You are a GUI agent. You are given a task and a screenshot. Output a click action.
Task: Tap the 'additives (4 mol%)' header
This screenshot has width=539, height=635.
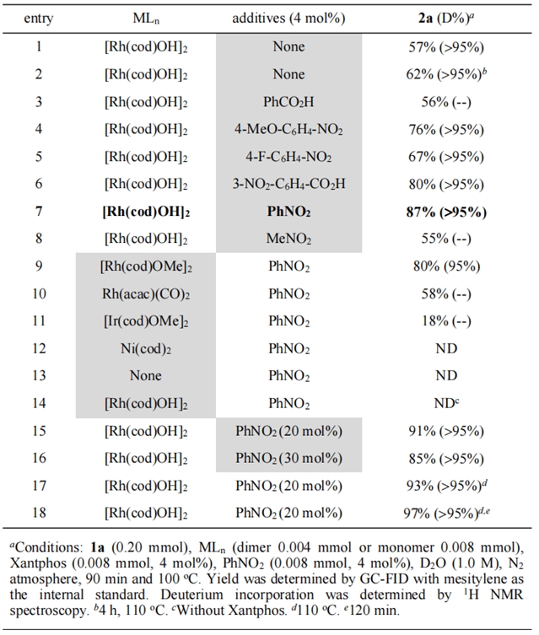[x=288, y=18]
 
